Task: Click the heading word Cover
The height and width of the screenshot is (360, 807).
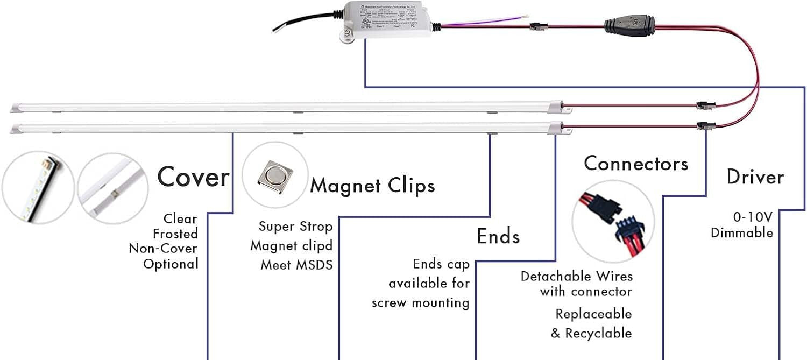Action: (193, 177)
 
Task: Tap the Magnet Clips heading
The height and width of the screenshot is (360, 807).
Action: (372, 186)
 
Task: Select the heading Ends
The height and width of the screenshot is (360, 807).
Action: (498, 236)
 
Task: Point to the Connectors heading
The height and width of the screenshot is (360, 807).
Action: (636, 163)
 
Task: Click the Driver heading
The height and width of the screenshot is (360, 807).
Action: (755, 177)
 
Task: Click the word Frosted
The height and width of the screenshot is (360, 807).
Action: (175, 234)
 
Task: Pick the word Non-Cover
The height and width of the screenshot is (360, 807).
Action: (163, 249)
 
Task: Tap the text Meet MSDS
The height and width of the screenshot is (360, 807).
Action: (296, 265)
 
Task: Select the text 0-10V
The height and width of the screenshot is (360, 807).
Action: (753, 217)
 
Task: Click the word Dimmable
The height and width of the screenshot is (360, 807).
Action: (742, 233)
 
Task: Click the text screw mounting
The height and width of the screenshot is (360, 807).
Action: (420, 303)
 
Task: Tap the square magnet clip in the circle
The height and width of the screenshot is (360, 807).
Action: (274, 175)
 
